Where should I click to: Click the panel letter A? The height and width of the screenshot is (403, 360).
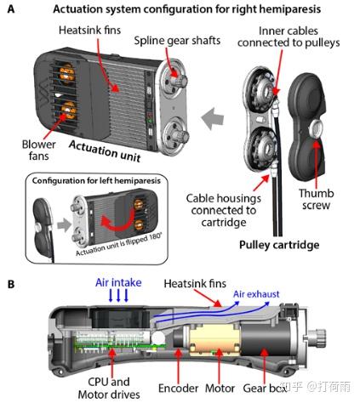(11, 9)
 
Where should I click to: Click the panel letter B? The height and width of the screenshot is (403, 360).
(11, 284)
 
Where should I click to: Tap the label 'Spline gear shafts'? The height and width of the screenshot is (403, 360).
(177, 41)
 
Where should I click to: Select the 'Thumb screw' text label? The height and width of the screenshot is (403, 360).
(316, 199)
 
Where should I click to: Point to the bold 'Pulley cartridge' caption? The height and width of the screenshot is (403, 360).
(279, 245)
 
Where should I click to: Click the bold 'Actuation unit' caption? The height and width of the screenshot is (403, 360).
(105, 150)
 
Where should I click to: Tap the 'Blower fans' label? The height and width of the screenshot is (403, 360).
(39, 150)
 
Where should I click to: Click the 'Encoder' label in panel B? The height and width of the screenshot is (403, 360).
(178, 389)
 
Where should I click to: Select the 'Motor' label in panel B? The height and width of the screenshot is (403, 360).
(220, 389)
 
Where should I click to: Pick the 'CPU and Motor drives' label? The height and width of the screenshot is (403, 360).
(109, 388)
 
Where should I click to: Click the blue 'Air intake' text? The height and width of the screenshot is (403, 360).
(118, 282)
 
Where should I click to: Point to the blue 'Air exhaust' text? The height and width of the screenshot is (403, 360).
(256, 294)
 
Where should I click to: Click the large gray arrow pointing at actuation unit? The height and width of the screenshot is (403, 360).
(213, 118)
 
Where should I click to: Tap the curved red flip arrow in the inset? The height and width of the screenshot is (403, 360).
(117, 219)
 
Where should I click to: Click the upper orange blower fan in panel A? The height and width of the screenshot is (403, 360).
(66, 73)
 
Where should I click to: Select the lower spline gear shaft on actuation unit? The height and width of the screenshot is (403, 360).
(180, 136)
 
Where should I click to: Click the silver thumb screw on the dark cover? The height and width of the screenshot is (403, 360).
(316, 128)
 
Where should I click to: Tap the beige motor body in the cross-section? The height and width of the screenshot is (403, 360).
(214, 340)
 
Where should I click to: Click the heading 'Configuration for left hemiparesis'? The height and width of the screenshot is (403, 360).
(96, 181)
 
